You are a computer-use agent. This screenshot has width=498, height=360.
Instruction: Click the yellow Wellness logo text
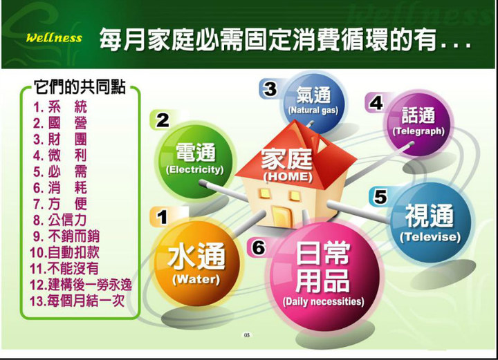[x=54, y=38]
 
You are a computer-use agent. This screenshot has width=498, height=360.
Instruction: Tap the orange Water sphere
[x=196, y=264]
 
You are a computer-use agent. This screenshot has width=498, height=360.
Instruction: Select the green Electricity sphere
[x=195, y=160]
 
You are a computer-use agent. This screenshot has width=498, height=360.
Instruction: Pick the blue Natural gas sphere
[x=313, y=102]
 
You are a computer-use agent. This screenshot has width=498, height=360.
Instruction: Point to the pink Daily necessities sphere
[x=324, y=275]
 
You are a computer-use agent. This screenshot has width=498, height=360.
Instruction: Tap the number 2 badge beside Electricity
[x=163, y=120]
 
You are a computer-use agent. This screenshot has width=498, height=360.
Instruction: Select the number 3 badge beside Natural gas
[x=270, y=88]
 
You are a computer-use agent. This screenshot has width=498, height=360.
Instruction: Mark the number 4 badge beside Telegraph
[x=376, y=103]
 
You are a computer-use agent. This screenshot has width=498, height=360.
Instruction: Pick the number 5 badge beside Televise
[x=380, y=197]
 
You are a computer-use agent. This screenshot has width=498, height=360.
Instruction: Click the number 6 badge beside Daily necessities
[x=259, y=247]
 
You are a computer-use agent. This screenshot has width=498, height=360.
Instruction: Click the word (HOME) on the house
[x=288, y=177]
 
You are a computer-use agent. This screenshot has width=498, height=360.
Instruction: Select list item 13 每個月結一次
[x=77, y=301]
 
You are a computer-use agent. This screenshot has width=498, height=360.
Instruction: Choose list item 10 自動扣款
[x=64, y=252]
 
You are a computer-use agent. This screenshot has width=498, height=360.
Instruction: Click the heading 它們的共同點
[x=80, y=87]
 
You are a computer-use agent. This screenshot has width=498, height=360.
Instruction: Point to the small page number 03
[x=247, y=335]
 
